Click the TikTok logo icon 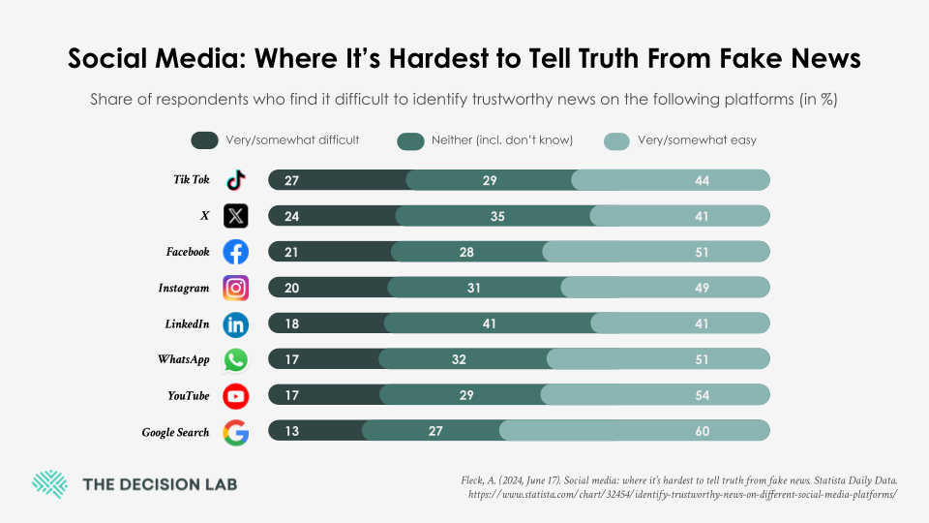[x=235, y=180]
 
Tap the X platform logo [x=235, y=216]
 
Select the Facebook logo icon [x=235, y=252]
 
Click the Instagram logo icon [x=235, y=288]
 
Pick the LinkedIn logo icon [x=235, y=323]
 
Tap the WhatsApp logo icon [x=235, y=359]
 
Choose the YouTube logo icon [x=235, y=395]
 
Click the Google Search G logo [x=235, y=432]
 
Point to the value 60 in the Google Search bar [x=701, y=432]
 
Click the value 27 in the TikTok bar [x=291, y=180]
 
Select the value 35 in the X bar [x=497, y=216]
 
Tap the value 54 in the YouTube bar [x=701, y=395]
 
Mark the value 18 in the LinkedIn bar [x=291, y=323]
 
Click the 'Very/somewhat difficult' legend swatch [x=204, y=140]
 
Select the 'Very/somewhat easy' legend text [x=697, y=140]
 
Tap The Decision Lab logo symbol [x=49, y=484]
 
